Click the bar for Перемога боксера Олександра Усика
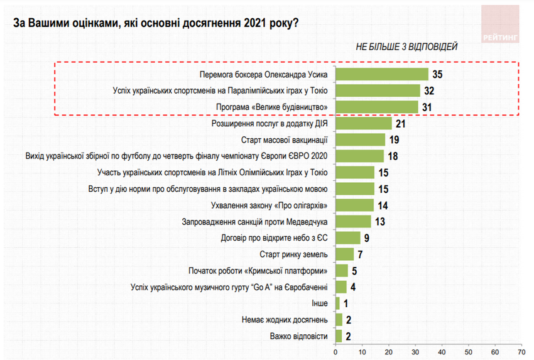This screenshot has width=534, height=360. [382, 75]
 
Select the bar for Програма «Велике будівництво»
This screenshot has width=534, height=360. [377, 107]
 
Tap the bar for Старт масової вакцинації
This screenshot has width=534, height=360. [361, 140]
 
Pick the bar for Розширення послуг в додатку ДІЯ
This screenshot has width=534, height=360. [364, 124]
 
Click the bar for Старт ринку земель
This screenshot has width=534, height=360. [345, 254]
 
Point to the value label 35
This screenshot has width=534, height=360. [438, 75]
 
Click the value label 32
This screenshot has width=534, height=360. [430, 91]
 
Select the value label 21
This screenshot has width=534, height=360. [401, 124]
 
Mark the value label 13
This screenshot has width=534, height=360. [379, 222]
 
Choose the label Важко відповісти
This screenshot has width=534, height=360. [298, 336]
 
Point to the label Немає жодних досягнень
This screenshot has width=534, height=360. [285, 320]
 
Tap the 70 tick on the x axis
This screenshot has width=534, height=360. [521, 349]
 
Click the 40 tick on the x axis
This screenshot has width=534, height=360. [442, 349]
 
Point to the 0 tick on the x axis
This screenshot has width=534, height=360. [336, 349]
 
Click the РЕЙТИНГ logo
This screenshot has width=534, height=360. [501, 25]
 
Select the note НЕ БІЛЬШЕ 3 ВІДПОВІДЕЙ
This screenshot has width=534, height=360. [407, 46]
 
